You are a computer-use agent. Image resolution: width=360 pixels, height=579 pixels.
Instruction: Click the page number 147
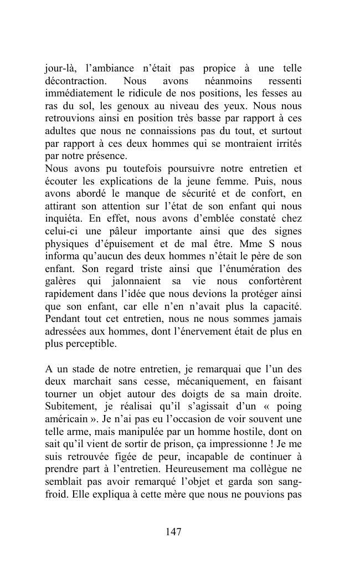click(173, 532)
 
